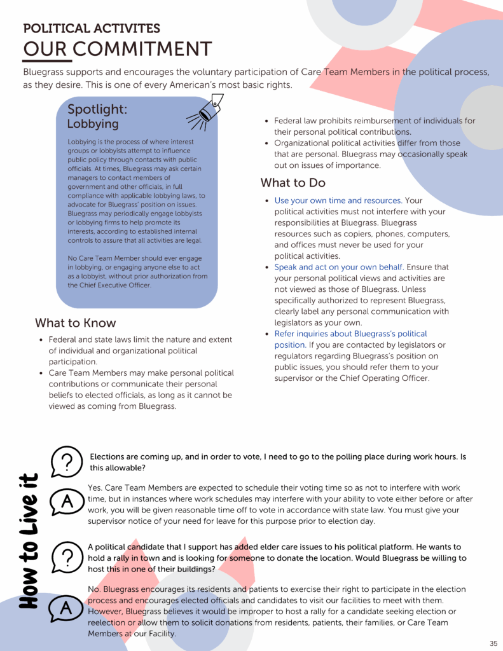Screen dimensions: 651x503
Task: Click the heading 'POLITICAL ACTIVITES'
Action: click(x=92, y=29)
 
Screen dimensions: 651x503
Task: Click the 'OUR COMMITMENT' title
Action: click(x=118, y=49)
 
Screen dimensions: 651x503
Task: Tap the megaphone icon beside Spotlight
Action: click(x=206, y=111)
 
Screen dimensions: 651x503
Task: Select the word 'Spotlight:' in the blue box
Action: click(x=97, y=109)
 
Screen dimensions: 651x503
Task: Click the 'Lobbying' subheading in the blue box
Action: click(x=93, y=124)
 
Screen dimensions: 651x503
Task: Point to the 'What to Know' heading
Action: click(x=76, y=323)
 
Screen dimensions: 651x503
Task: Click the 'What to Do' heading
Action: click(x=293, y=183)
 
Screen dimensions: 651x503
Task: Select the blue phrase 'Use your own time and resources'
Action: click(x=338, y=201)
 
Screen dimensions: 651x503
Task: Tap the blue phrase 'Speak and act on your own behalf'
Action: click(x=339, y=268)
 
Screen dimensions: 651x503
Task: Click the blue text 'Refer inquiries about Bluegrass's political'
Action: click(x=350, y=334)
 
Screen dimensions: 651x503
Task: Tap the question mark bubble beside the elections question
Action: click(x=67, y=461)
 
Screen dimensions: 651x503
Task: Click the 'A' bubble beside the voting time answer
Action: click(x=67, y=502)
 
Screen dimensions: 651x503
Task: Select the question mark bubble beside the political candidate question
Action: click(x=67, y=558)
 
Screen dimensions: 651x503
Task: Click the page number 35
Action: click(x=493, y=643)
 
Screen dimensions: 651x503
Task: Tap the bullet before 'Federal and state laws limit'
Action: click(x=41, y=339)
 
